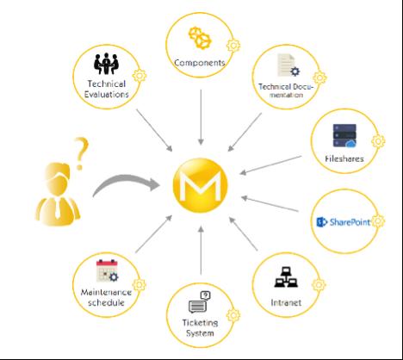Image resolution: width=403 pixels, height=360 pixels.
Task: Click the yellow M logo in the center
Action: [x=200, y=185]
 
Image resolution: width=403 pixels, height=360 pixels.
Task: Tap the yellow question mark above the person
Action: [x=81, y=152]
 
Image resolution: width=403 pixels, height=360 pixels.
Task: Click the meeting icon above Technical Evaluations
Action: [x=106, y=64]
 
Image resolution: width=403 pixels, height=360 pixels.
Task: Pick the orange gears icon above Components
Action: [x=200, y=38]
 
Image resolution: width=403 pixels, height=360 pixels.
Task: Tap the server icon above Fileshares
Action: [x=344, y=135]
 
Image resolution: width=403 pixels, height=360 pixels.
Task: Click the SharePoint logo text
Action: [x=350, y=222]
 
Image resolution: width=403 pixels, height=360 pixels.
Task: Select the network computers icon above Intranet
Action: [x=286, y=277]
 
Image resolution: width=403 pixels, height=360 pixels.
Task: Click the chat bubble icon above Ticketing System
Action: [x=200, y=302]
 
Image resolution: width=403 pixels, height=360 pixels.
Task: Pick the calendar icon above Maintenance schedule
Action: [x=107, y=270]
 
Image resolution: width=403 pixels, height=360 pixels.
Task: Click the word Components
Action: [x=200, y=63]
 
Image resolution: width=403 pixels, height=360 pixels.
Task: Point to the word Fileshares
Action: [x=344, y=158]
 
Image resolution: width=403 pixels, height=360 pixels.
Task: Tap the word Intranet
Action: [x=286, y=302]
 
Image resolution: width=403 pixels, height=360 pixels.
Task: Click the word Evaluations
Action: [x=107, y=94]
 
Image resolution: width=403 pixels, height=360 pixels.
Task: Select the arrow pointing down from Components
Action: [x=201, y=117]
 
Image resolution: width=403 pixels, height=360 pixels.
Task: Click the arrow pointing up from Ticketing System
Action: [x=201, y=251]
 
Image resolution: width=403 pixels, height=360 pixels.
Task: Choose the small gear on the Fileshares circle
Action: [x=378, y=141]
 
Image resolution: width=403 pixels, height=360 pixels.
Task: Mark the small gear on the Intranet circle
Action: [x=319, y=285]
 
